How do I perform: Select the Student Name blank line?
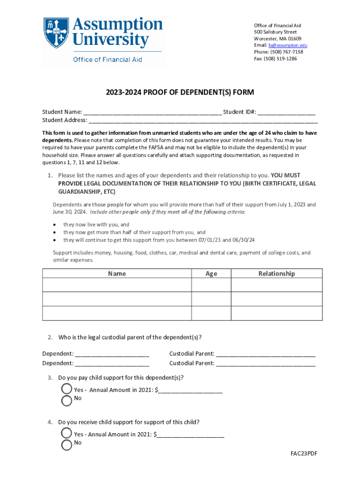coord(152,112)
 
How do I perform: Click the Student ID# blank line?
coord(286,112)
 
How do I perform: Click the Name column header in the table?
coord(116,274)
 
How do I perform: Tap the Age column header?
coord(211,274)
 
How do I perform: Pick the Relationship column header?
coord(276,274)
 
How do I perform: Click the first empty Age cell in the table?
coord(211,285)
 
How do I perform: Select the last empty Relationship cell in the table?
coord(276,313)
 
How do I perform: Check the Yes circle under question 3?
coord(67,389)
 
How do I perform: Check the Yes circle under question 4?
coord(67,433)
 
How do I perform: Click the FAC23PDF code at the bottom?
coord(304,454)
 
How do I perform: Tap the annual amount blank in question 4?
coord(191,435)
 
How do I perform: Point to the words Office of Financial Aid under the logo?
coord(107,59)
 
